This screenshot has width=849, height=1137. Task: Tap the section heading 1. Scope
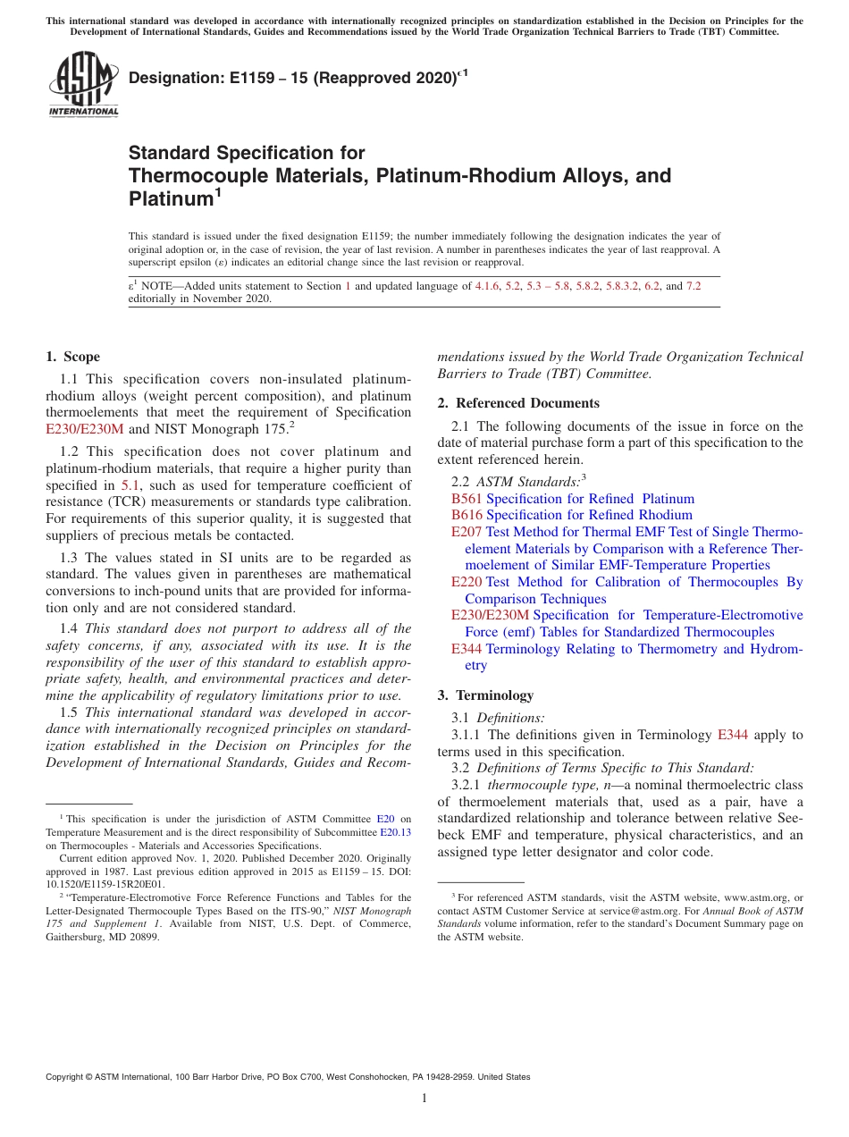[72, 357]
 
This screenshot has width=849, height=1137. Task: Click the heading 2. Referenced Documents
[518, 403]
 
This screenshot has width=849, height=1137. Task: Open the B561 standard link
[467, 499]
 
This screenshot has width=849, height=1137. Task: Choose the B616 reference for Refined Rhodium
[467, 515]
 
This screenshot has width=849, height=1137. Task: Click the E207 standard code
[467, 532]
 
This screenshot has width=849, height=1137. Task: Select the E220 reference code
[467, 582]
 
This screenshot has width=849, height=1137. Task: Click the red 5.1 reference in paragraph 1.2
[130, 485]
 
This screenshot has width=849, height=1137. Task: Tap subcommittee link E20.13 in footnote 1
[395, 832]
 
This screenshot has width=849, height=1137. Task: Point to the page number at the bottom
[424, 1099]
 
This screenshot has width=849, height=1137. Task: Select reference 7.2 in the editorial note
[693, 286]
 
